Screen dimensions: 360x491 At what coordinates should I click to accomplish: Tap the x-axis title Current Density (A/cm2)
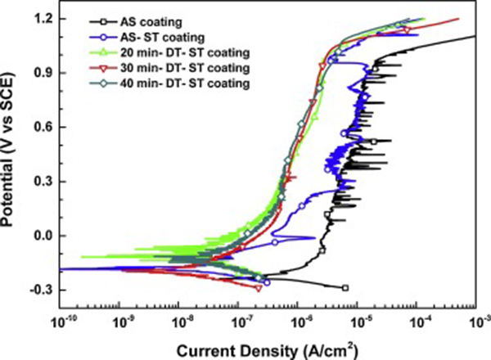tap(271, 348)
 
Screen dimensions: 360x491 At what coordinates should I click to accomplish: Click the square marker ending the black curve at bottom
tap(345, 288)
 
